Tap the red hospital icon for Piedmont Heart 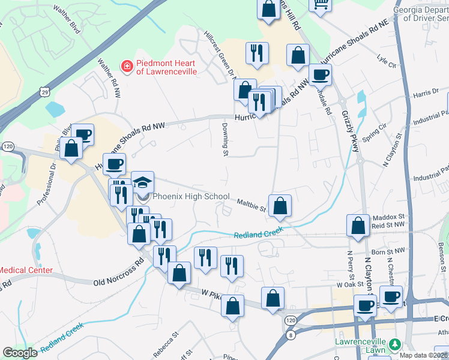click(x=127, y=66)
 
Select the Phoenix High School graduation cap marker click(x=143, y=182)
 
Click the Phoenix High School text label click(x=191, y=196)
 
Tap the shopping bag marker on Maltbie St click(x=280, y=207)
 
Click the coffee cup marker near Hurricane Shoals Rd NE click(x=319, y=75)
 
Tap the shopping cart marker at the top click(x=321, y=4)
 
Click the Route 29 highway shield click(x=44, y=91)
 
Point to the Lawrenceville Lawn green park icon click(x=394, y=344)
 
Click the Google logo click(x=20, y=353)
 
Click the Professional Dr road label click(x=46, y=185)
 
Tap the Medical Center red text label click(x=26, y=271)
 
